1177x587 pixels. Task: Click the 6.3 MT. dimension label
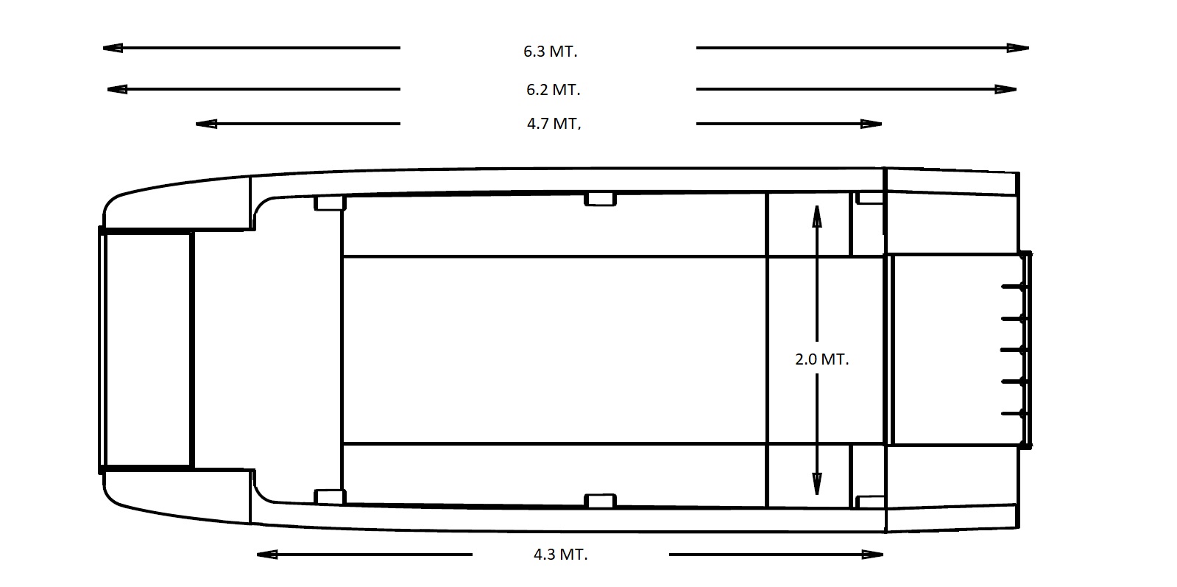(550, 52)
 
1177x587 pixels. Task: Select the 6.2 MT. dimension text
(553, 90)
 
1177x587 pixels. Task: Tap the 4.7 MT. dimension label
(554, 124)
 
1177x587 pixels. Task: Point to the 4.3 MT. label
(560, 555)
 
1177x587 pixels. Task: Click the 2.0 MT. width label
(821, 359)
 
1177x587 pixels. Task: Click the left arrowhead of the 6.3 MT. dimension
(113, 48)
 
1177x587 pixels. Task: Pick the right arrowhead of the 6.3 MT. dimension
(1018, 48)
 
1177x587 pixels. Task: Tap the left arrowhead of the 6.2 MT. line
(117, 89)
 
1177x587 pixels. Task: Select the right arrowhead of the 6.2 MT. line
(1005, 89)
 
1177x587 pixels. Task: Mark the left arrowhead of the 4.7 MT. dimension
(206, 124)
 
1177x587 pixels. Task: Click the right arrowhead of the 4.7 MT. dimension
(872, 124)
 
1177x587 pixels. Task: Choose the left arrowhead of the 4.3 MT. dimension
(267, 555)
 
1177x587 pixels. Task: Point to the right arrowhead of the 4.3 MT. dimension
(873, 555)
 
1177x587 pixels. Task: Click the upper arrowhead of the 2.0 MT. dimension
(816, 216)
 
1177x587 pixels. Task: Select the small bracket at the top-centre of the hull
(600, 199)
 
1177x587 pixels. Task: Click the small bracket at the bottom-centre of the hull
(600, 501)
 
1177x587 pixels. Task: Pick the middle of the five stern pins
(1014, 350)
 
